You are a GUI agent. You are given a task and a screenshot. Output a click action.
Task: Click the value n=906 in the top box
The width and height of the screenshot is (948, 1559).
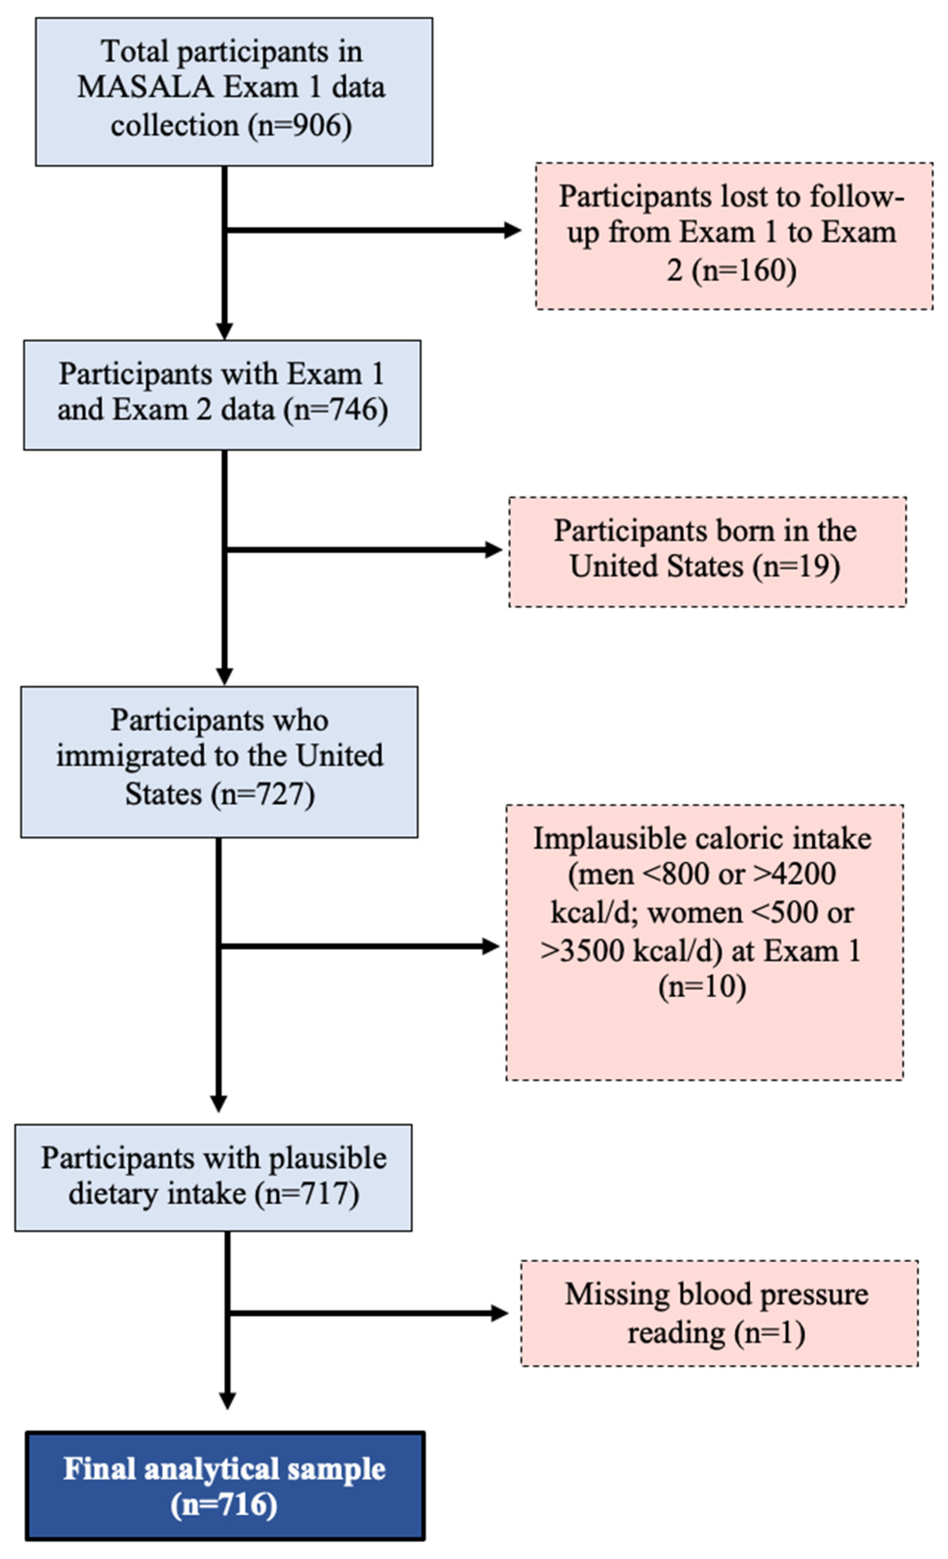tap(299, 126)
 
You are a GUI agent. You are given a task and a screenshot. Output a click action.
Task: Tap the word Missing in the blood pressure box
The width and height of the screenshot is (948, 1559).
tap(617, 1294)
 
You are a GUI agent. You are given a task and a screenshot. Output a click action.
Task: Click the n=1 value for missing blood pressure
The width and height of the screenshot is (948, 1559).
tap(769, 1332)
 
